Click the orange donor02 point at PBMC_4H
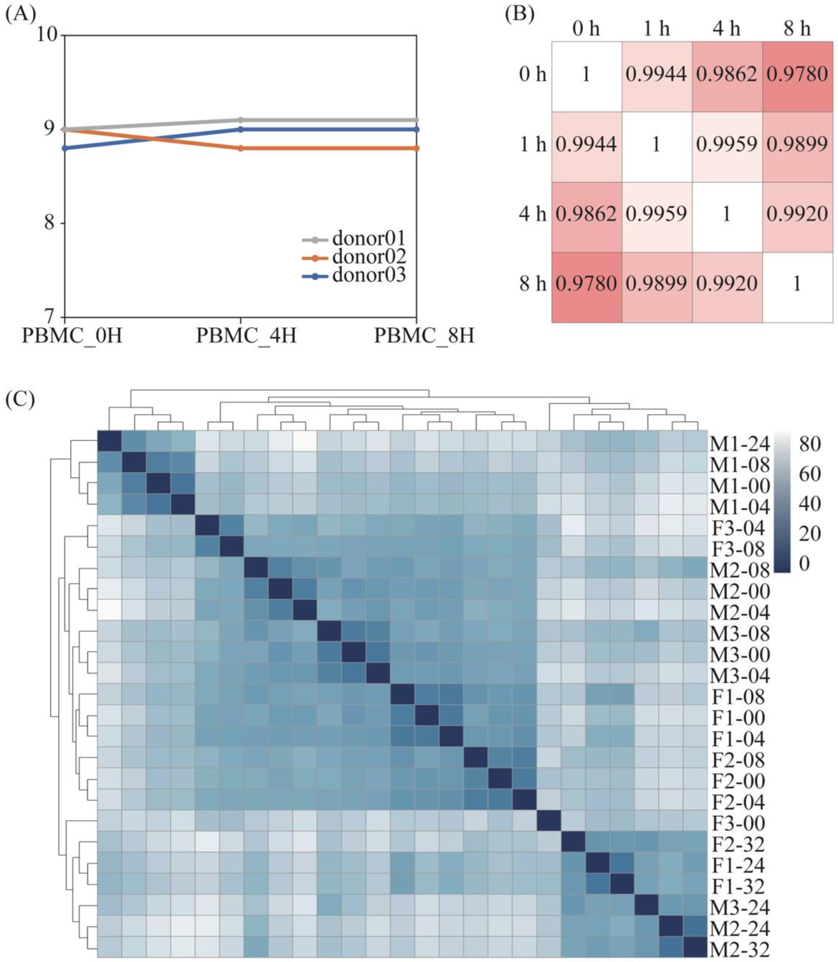pyautogui.click(x=240, y=148)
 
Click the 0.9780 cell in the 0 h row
pyautogui.click(x=797, y=74)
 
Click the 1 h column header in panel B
pyautogui.click(x=656, y=29)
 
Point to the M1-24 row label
pyautogui.click(x=739, y=444)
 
